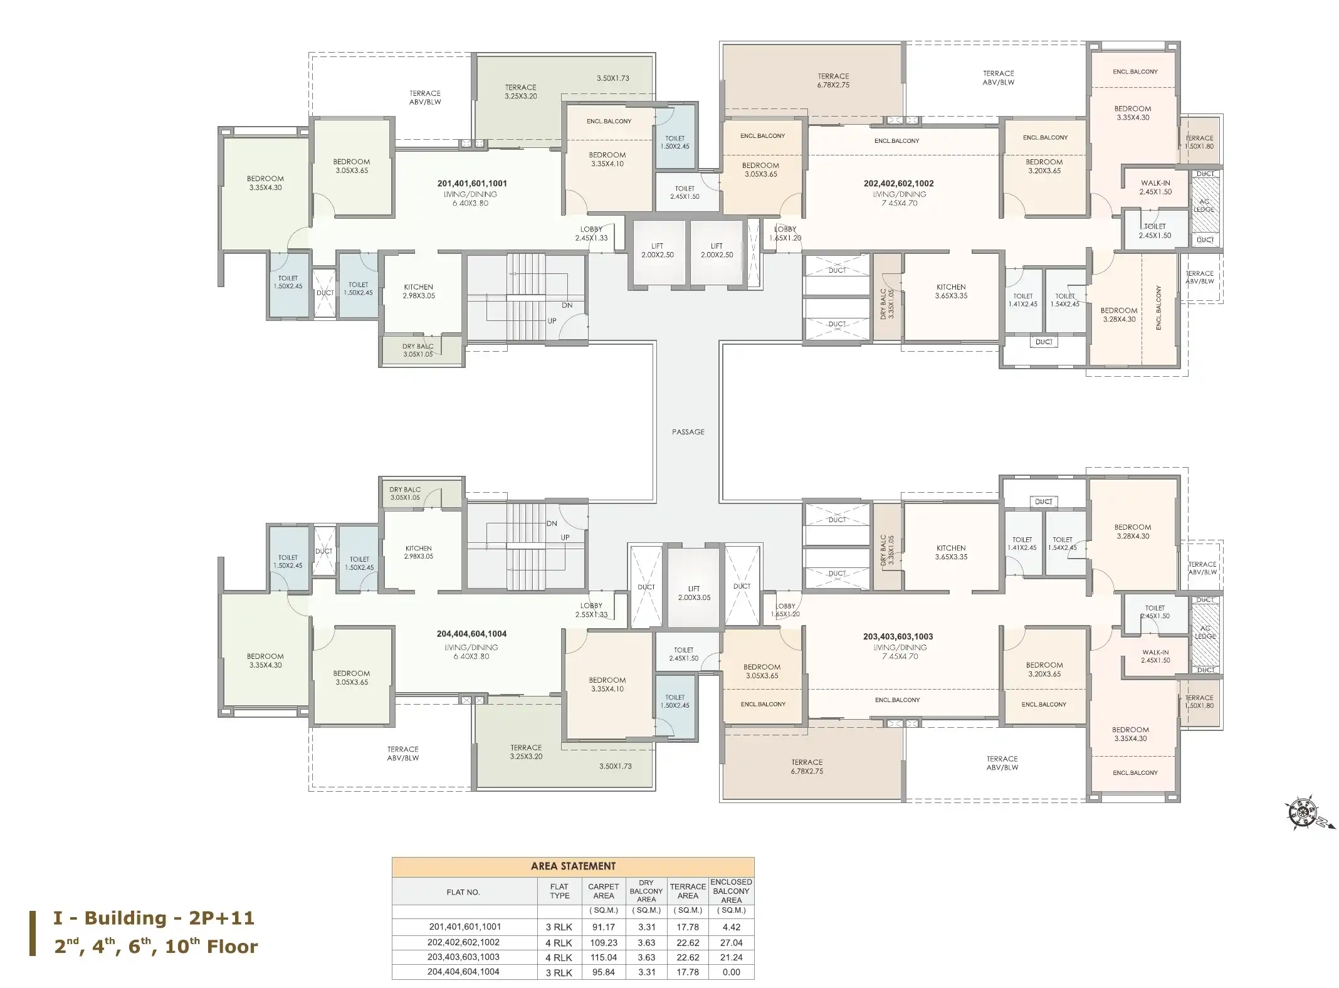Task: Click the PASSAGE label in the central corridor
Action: (x=688, y=432)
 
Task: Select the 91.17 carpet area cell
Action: (x=603, y=927)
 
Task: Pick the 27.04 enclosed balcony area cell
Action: (x=731, y=943)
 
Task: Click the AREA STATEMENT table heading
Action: (x=573, y=866)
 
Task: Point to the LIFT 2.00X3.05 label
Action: (x=694, y=593)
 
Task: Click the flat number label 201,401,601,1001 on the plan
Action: (x=472, y=184)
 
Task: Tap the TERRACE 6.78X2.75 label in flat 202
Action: (x=833, y=80)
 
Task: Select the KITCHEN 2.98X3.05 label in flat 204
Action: (x=418, y=552)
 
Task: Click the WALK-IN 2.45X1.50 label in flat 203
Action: (x=1155, y=656)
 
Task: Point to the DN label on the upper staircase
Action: (x=567, y=306)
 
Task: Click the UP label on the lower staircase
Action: (x=565, y=538)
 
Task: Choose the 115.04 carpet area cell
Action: (x=603, y=957)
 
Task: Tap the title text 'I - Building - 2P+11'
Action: (x=154, y=918)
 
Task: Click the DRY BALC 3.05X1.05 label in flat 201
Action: (x=417, y=350)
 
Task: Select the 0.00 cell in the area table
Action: (x=731, y=972)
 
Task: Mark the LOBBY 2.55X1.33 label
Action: (x=591, y=610)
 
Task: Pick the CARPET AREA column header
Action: (x=603, y=891)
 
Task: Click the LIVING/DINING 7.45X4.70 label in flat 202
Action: (x=899, y=199)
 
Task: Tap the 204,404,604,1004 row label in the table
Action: (x=464, y=972)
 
